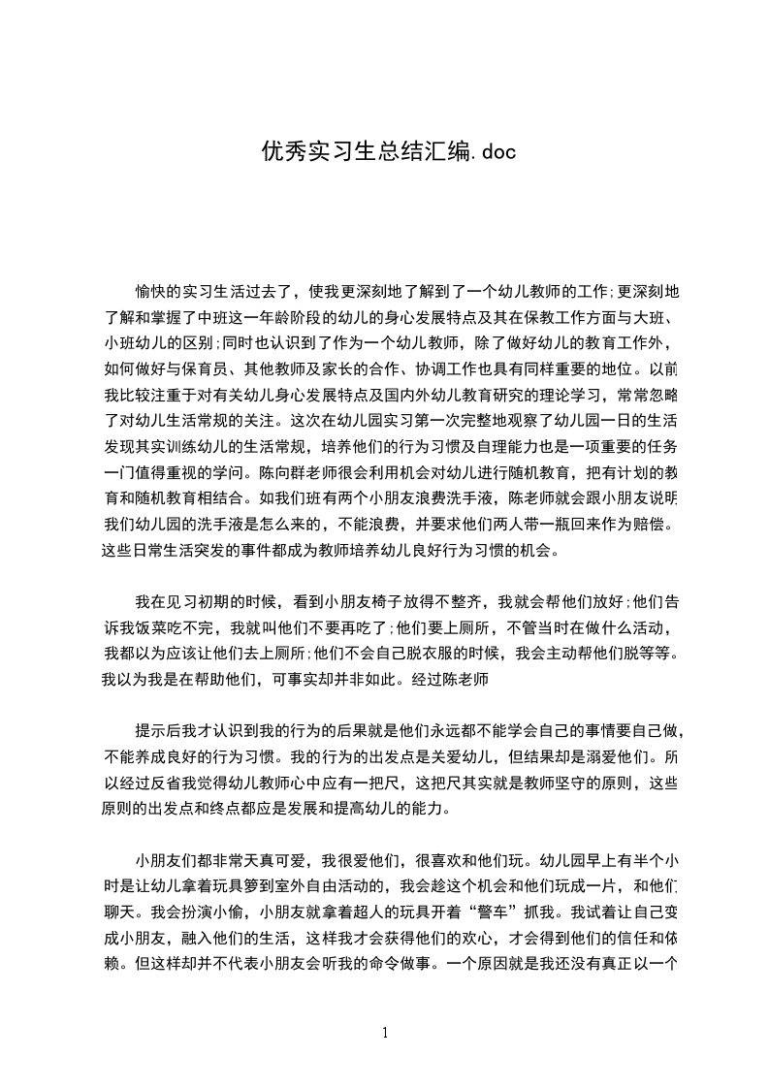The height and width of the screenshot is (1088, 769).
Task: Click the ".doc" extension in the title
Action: coord(492,151)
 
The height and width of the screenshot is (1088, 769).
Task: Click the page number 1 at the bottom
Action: coord(385,1033)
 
